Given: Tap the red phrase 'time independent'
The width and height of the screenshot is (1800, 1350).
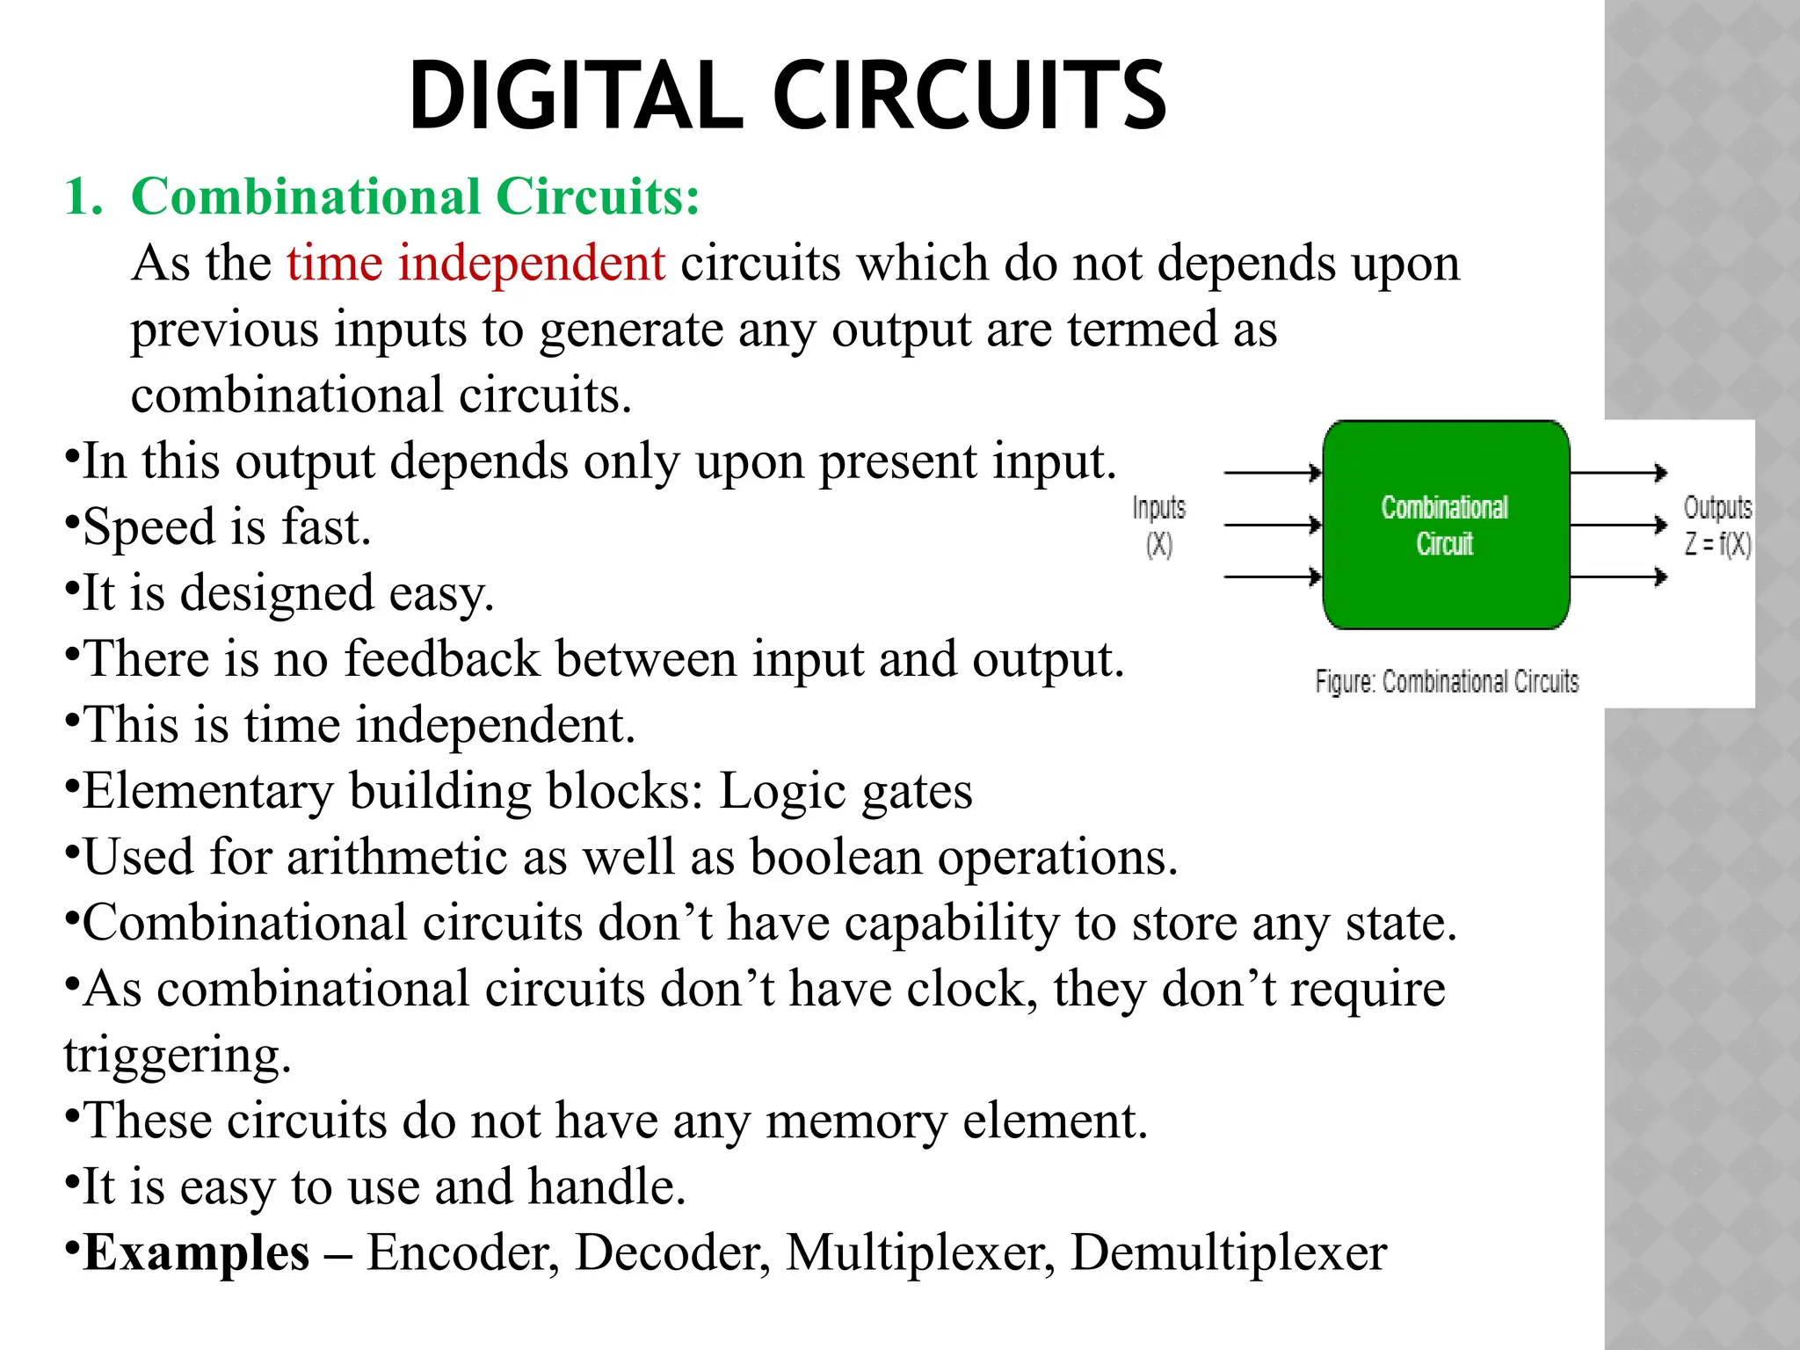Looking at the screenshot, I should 475,263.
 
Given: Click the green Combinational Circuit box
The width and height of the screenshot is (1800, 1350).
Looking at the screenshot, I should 1445,525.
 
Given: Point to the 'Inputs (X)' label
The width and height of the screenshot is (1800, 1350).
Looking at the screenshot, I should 1158,526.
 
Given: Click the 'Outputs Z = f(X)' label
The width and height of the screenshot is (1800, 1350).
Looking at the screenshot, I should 1717,526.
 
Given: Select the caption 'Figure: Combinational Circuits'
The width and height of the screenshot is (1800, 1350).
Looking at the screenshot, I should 1446,681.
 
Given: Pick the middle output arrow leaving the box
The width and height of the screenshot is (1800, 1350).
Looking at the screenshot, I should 1617,526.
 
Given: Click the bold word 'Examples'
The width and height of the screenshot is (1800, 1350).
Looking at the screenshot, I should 196,1252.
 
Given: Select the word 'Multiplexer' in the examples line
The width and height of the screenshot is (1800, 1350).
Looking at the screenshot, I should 919,1252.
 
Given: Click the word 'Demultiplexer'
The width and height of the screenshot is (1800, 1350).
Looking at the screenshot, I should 1228,1252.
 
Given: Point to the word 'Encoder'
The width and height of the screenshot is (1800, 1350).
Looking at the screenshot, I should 462,1252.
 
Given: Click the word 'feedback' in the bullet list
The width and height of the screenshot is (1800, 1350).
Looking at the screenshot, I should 441,658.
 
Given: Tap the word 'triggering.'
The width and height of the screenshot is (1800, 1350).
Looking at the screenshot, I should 177,1055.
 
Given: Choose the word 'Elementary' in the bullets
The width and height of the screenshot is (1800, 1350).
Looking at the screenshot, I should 208,791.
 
